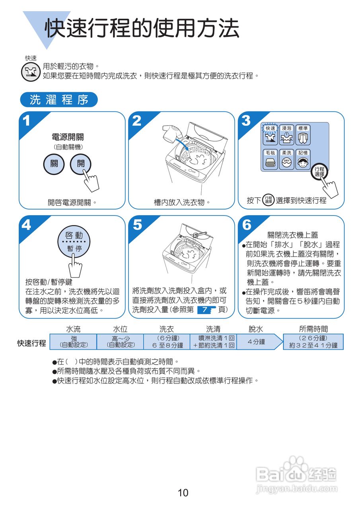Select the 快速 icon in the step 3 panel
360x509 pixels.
point(270,135)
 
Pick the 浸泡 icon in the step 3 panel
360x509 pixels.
point(287,135)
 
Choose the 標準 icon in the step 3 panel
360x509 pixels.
point(303,135)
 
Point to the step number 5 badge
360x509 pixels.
point(137,225)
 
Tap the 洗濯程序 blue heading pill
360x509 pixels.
point(59,100)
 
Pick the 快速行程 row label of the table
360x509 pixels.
point(32,343)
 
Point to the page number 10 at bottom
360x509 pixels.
point(183,493)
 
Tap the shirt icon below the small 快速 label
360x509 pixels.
point(30,72)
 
